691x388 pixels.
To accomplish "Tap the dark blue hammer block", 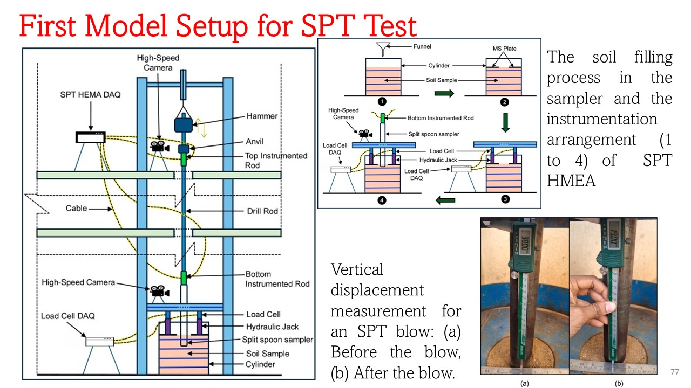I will (x=183, y=124).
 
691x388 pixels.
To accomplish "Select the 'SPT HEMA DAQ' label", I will (x=91, y=95).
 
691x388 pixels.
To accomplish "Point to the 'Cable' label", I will (x=76, y=208).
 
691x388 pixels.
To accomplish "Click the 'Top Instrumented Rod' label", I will (x=276, y=160).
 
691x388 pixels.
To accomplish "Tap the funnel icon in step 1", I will (x=383, y=50).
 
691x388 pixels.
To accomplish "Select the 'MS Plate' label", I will (x=504, y=48).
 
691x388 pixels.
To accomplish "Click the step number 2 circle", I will (x=505, y=102).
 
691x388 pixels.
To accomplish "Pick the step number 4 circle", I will (x=382, y=200).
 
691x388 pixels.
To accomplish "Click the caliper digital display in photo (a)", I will (x=523, y=243).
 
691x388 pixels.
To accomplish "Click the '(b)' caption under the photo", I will (x=619, y=384).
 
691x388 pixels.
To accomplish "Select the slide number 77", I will (x=674, y=372).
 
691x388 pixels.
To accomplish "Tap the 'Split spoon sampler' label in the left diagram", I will (x=277, y=339).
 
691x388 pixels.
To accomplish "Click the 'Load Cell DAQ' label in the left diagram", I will (x=69, y=316).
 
